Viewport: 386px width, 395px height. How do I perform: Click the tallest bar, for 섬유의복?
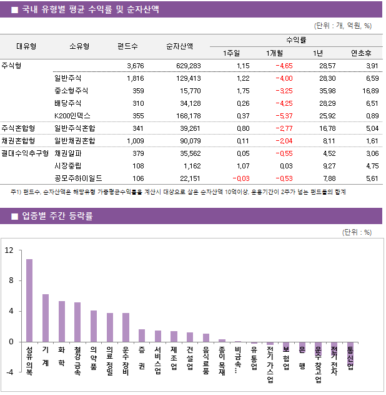pyautogui.click(x=29, y=300)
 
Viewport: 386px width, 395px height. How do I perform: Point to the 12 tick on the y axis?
pyautogui.click(x=9, y=250)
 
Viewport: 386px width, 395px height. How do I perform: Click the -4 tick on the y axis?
pyautogui.click(x=9, y=372)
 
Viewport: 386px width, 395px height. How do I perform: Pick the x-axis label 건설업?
pyautogui.click(x=190, y=359)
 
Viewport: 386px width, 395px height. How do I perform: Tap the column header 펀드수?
pyautogui.click(x=127, y=46)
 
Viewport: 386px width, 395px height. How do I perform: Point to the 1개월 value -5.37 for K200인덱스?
pyautogui.click(x=283, y=116)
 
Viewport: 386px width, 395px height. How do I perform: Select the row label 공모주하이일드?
pyautogui.click(x=78, y=178)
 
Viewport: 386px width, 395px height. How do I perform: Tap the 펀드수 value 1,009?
pyautogui.click(x=135, y=141)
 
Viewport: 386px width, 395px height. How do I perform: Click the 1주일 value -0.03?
pyautogui.click(x=239, y=178)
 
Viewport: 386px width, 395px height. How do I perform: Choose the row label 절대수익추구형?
pyautogui.click(x=25, y=153)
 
